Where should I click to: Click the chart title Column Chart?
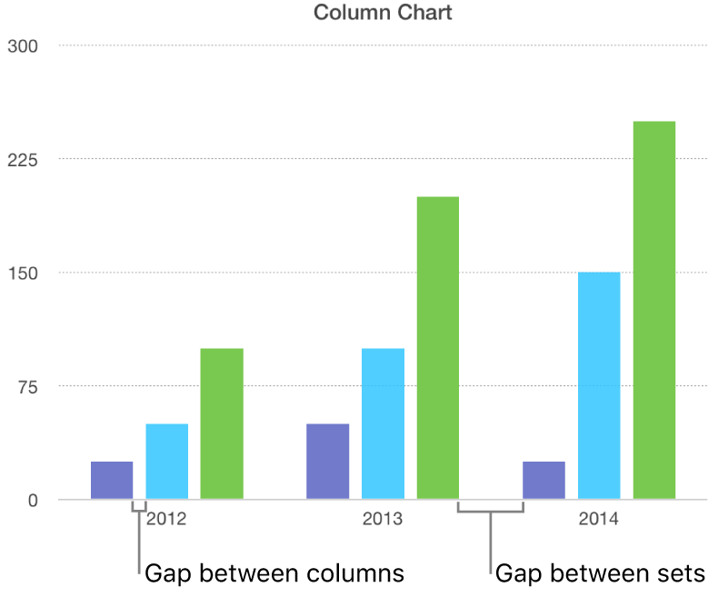pyautogui.click(x=383, y=13)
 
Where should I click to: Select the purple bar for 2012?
pyautogui.click(x=112, y=481)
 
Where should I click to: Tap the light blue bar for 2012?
pyautogui.click(x=167, y=462)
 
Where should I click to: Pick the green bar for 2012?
pyautogui.click(x=222, y=423)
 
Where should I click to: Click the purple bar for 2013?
pyautogui.click(x=328, y=462)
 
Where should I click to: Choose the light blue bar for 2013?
pyautogui.click(x=383, y=423)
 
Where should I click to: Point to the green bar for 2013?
pyautogui.click(x=438, y=348)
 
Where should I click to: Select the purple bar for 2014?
pyautogui.click(x=543, y=481)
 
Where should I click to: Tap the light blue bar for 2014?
pyautogui.click(x=599, y=385)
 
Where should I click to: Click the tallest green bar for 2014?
pyautogui.click(x=654, y=310)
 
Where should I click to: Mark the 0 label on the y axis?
pyautogui.click(x=33, y=500)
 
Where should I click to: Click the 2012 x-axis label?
pyautogui.click(x=167, y=521)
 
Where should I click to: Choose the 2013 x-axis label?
pyautogui.click(x=383, y=521)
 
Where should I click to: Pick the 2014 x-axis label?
pyautogui.click(x=599, y=521)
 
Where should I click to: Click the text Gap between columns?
pyautogui.click(x=274, y=573)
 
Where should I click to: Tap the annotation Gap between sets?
pyautogui.click(x=600, y=573)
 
